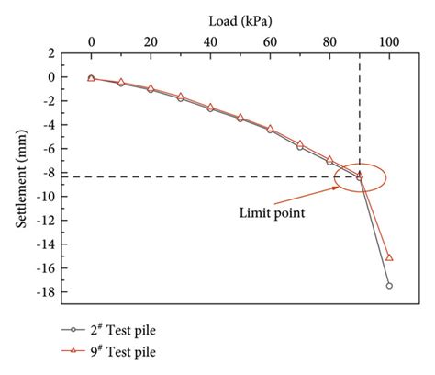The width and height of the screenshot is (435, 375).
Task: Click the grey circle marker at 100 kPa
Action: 389,286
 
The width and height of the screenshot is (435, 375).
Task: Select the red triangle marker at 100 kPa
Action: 389,257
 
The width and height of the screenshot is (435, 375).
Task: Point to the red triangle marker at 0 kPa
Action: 91,78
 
